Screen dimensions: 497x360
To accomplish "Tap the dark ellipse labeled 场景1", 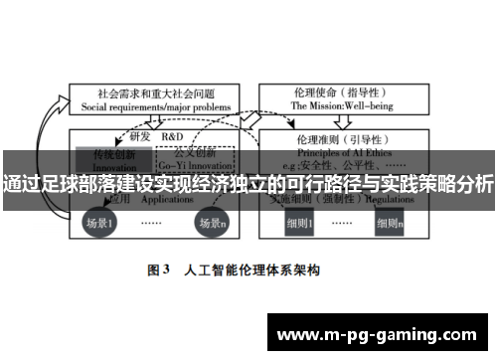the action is [x=98, y=223].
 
